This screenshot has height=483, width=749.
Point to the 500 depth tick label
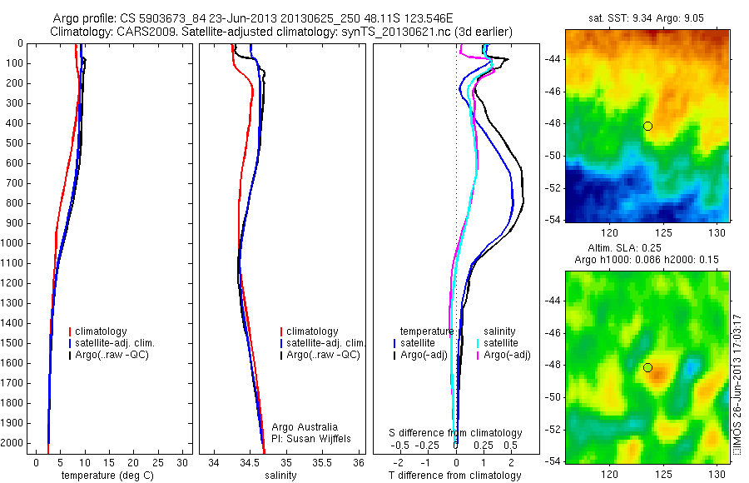[x=14, y=143]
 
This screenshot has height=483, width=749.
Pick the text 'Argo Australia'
[x=305, y=427]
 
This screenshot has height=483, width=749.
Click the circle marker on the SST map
[x=647, y=126]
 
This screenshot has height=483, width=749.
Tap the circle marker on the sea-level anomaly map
[x=647, y=367]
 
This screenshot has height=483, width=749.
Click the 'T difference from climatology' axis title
[x=455, y=476]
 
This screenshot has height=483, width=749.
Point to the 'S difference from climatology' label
[x=456, y=433]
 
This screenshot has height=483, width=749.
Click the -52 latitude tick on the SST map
[x=553, y=188]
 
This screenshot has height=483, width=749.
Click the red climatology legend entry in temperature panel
[x=103, y=331]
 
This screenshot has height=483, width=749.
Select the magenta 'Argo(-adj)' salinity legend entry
[x=507, y=355]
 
